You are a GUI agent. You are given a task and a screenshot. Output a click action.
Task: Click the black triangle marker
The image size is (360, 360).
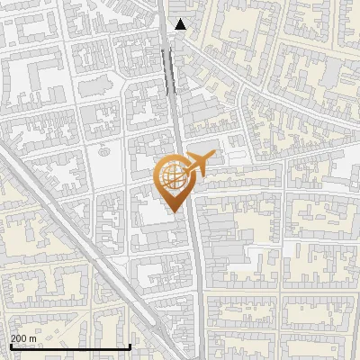point(181,24)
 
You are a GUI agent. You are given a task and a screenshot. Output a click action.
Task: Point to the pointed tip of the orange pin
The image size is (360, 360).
point(173,212)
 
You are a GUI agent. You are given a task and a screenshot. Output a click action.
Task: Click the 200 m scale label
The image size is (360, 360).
point(23,338)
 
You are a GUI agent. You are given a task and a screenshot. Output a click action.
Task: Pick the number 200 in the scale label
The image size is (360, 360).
point(19,338)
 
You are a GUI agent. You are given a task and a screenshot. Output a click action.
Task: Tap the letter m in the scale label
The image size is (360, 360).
point(32,338)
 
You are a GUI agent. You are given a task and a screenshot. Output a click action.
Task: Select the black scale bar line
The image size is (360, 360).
point(70,346)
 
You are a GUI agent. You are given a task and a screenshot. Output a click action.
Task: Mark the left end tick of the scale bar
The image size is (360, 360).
point(10,346)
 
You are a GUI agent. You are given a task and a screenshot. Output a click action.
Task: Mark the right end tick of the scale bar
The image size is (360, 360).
point(130,346)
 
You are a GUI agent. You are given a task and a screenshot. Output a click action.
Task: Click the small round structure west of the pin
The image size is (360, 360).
point(102,151)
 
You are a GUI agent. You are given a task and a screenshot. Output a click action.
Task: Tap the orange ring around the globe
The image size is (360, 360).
point(160,176)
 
